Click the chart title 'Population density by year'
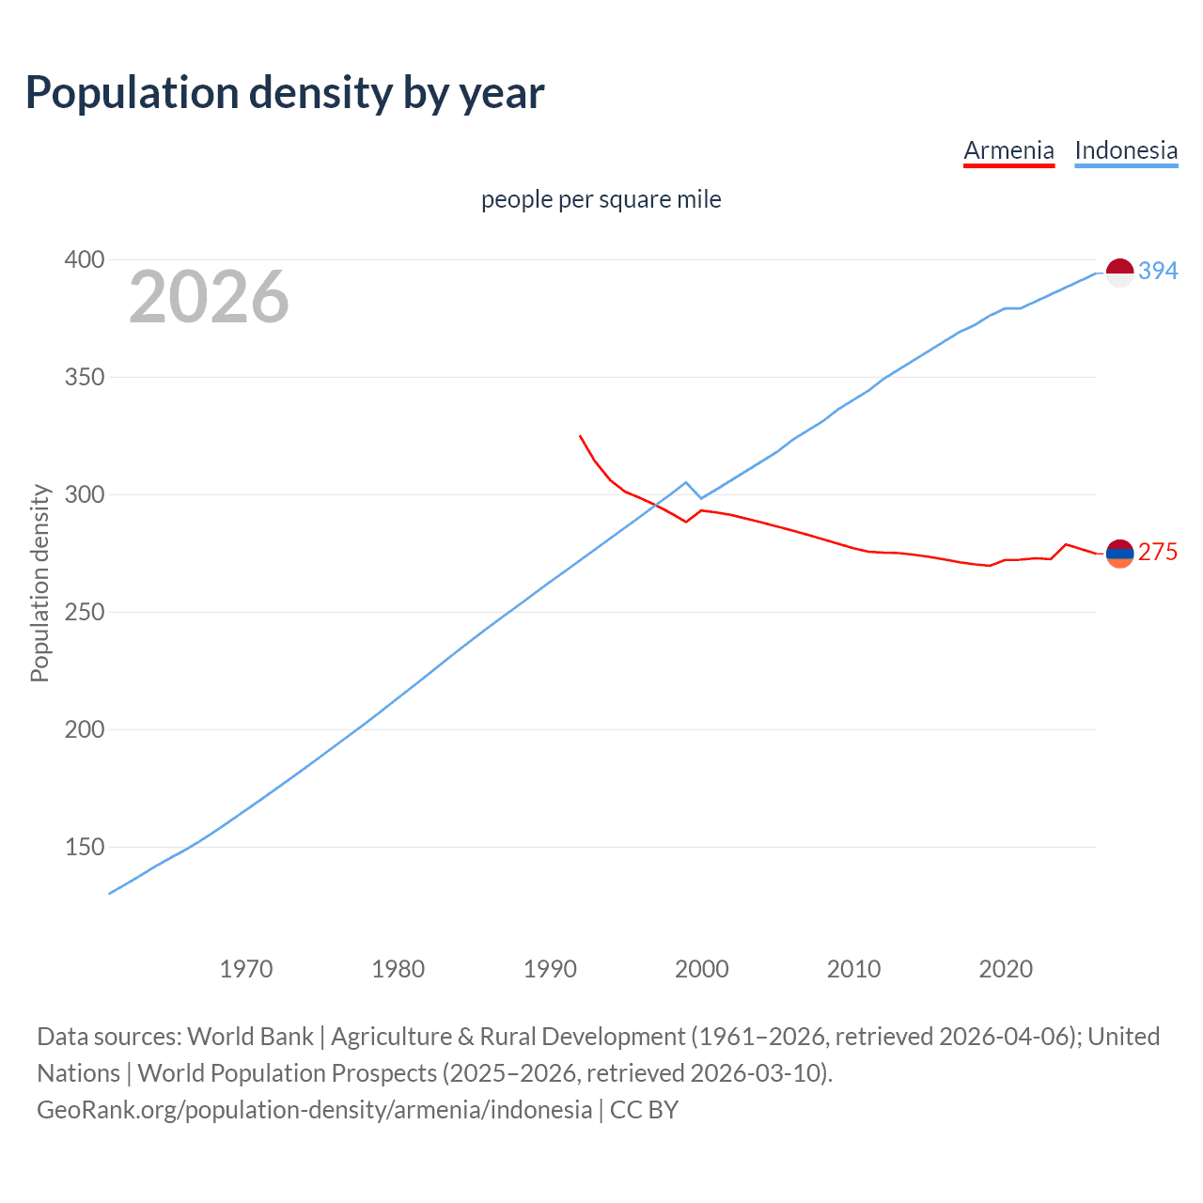point(285,93)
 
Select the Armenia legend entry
point(1008,150)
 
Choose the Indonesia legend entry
point(1125,150)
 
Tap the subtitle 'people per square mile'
point(601,199)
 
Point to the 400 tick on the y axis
point(85,259)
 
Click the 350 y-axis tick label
point(85,377)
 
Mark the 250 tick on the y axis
point(85,612)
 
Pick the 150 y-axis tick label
point(85,847)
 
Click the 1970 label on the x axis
point(246,969)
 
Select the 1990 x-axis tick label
point(550,969)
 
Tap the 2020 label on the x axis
point(1006,969)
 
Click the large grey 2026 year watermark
point(209,297)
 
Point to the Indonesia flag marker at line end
point(1119,273)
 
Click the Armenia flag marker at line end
point(1119,554)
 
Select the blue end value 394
point(1158,271)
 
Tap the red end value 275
point(1158,553)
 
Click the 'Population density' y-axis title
point(39,583)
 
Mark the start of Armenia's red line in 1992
point(580,436)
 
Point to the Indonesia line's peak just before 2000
point(686,482)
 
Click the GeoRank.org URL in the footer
point(315,1110)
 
